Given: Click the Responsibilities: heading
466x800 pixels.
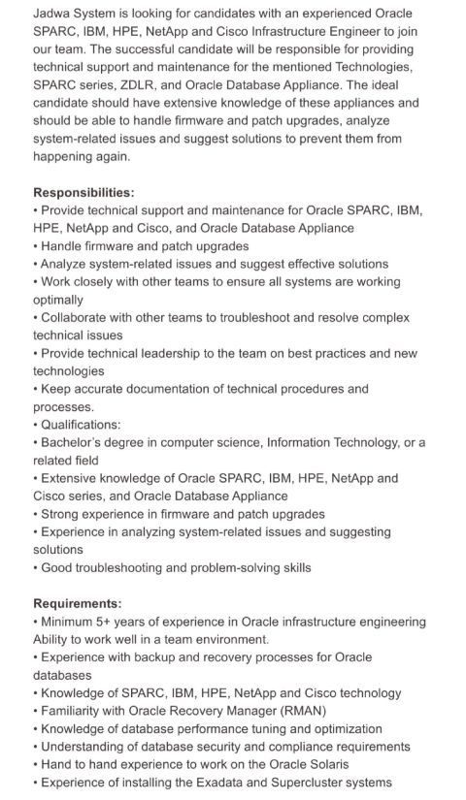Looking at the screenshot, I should point(84,192).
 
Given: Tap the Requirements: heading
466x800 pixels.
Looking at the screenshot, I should point(78,602).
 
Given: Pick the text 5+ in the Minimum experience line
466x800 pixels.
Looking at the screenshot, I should point(108,622).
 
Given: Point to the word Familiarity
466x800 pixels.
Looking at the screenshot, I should point(75,711).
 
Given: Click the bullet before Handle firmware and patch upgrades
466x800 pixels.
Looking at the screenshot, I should point(36,246).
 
